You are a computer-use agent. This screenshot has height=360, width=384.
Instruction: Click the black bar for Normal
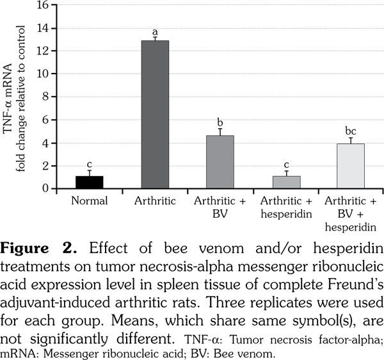click(89, 182)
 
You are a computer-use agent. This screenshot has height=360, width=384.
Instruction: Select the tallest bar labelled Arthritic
click(155, 115)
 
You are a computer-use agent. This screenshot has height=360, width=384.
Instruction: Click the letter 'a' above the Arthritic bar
click(155, 32)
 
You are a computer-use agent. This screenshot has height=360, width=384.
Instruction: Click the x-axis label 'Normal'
click(89, 200)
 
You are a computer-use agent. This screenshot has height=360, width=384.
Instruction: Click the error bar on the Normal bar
click(89, 172)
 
